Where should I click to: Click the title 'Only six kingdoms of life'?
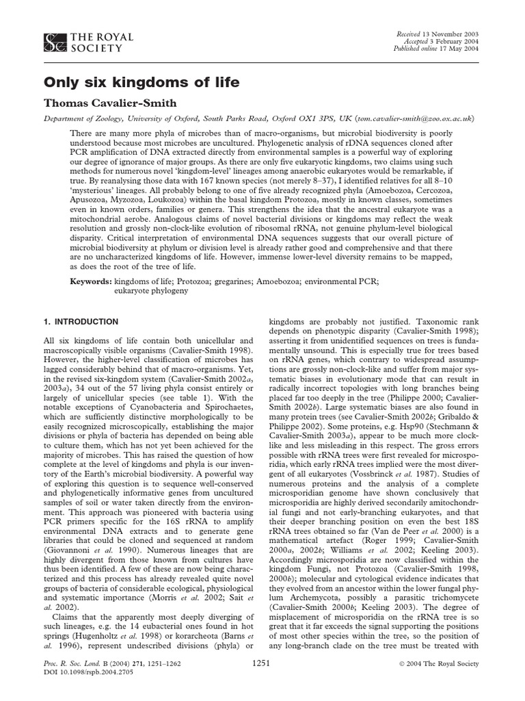pos(142,83)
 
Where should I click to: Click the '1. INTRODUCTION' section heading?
pos(81,322)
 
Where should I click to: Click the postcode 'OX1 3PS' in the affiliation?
pos(303,118)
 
